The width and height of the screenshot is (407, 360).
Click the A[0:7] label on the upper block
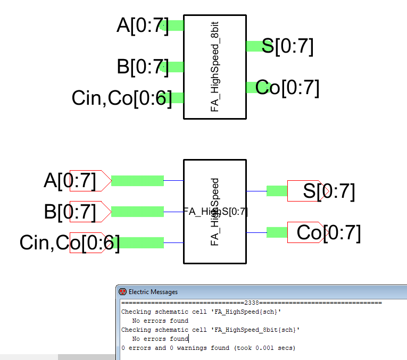click(x=142, y=26)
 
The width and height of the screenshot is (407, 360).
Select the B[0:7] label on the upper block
click(x=142, y=67)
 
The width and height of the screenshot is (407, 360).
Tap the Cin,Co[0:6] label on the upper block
click(x=122, y=98)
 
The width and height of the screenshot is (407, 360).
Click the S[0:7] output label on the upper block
click(x=287, y=46)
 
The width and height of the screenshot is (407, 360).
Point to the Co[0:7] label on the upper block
click(x=287, y=87)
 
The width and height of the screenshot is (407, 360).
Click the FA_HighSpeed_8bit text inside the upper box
click(x=215, y=67)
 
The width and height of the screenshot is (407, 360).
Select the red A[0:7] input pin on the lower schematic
click(x=89, y=181)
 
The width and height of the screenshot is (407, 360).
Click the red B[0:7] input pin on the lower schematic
click(x=89, y=211)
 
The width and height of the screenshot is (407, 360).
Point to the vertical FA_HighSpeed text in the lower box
click(x=215, y=212)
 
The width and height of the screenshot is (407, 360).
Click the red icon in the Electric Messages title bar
click(x=122, y=291)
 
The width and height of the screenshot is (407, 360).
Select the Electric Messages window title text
click(x=153, y=292)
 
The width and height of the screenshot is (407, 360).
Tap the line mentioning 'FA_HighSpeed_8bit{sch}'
click(x=210, y=330)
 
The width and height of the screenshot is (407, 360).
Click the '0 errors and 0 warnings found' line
click(x=207, y=348)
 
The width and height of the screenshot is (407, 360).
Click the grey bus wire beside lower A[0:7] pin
click(x=137, y=180)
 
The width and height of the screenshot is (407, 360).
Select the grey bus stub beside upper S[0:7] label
click(x=254, y=46)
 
